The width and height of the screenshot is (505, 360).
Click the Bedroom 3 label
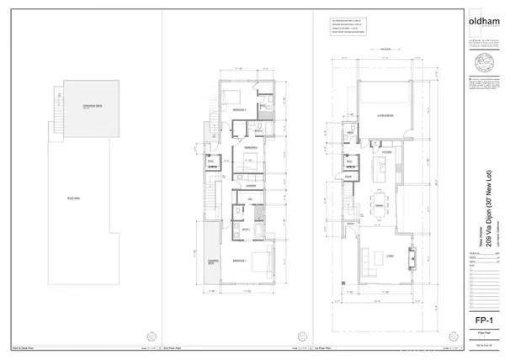click(239, 110)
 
